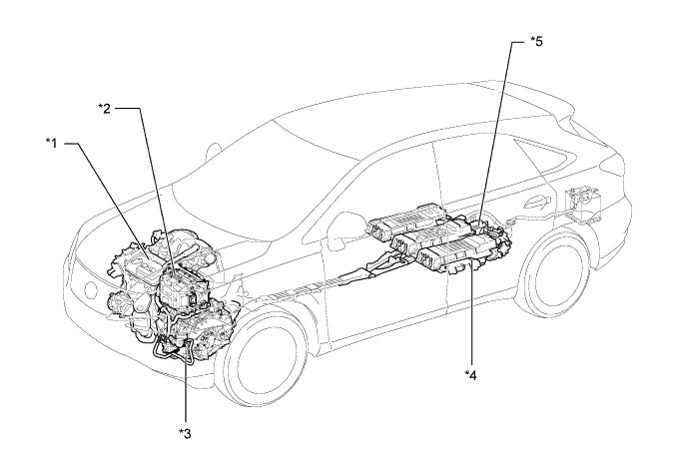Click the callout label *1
click(52, 143)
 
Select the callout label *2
click(105, 109)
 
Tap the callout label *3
click(185, 434)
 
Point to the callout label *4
click(470, 375)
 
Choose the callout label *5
click(536, 42)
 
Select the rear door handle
click(536, 202)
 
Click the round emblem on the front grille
click(91, 289)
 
